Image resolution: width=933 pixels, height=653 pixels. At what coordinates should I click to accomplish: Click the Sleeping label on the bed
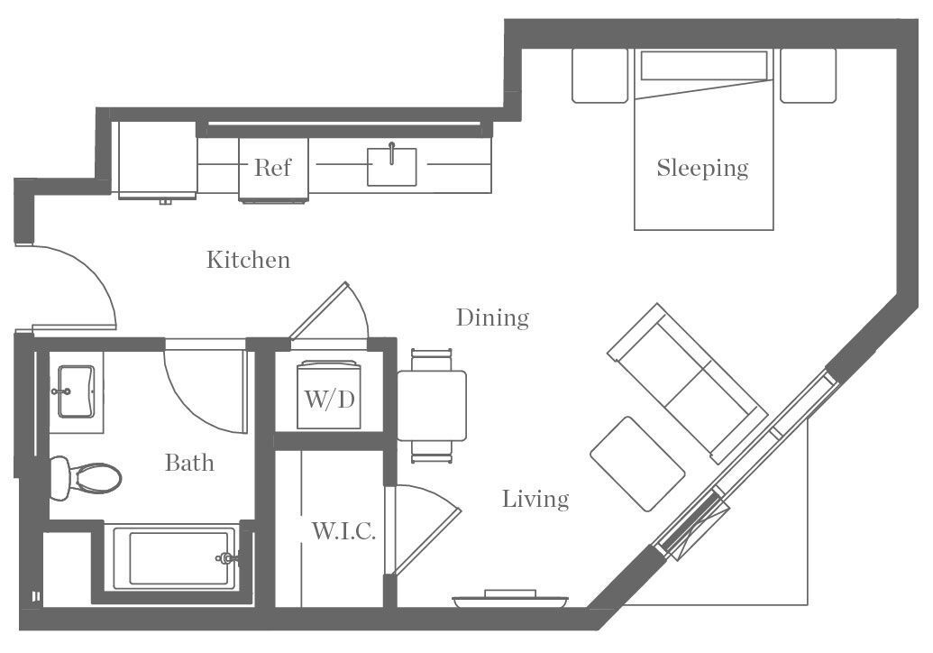[x=702, y=168]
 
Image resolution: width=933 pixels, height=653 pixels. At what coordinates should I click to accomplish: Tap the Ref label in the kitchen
[x=272, y=167]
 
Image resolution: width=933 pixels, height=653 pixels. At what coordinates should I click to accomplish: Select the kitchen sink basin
[x=392, y=167]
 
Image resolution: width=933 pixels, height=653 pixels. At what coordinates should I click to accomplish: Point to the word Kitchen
[x=249, y=260]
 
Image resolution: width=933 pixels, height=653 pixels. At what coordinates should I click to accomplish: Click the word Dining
[x=491, y=317]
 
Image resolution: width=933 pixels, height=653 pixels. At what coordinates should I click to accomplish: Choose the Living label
[x=535, y=499]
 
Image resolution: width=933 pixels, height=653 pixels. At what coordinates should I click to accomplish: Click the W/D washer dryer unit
[x=327, y=397]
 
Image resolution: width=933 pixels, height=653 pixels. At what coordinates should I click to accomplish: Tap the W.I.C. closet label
[x=343, y=531]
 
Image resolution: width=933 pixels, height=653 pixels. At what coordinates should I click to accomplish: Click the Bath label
[x=189, y=463]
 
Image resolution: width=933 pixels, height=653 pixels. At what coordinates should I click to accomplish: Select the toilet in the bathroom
[x=85, y=477]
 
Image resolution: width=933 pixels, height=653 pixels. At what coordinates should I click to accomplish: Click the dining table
[x=432, y=405]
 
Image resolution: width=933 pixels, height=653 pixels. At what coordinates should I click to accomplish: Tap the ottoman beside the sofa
[x=637, y=464]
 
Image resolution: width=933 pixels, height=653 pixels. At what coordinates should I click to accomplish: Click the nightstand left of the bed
[x=599, y=75]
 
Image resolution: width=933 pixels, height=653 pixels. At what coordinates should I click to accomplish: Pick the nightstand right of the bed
[x=808, y=75]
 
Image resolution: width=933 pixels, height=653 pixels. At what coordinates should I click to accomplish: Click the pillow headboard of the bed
[x=703, y=65]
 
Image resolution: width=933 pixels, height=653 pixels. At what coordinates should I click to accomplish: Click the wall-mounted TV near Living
[x=511, y=597]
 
